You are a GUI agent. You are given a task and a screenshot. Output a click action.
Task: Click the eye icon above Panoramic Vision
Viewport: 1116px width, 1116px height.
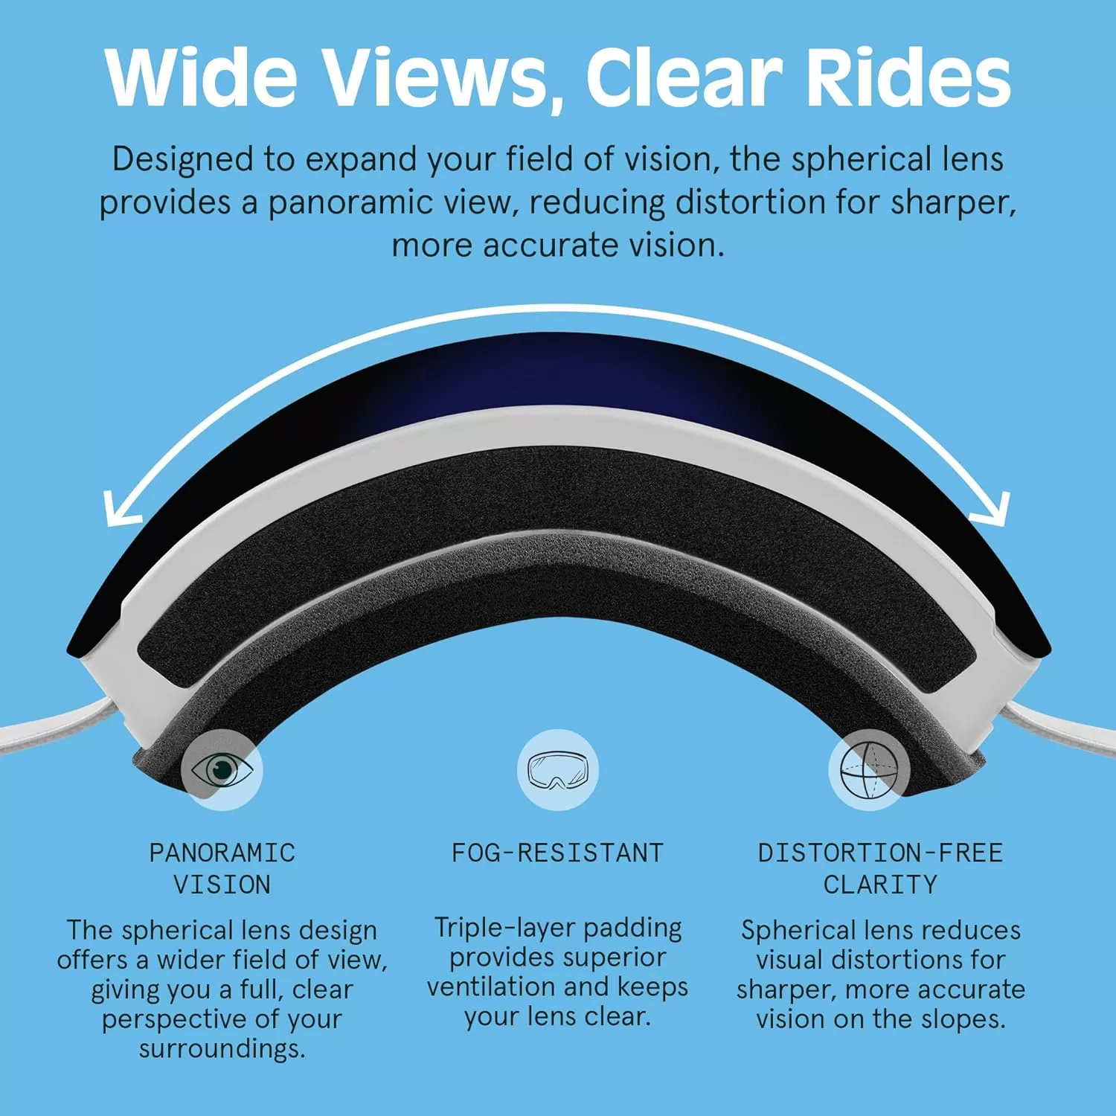coord(222,770)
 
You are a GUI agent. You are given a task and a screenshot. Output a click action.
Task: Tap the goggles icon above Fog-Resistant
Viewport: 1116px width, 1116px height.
coord(557,770)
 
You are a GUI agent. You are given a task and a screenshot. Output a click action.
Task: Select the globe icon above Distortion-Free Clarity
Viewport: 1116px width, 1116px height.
coord(869,770)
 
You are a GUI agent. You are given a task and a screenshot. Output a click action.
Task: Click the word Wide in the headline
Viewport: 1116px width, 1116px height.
coord(201,77)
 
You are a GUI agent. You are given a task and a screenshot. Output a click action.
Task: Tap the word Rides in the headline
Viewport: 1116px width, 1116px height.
coord(908,77)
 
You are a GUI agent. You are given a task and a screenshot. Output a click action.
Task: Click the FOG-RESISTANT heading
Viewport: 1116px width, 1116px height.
coord(557,853)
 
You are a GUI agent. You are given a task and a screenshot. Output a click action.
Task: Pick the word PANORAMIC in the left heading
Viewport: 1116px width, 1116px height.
coord(222,853)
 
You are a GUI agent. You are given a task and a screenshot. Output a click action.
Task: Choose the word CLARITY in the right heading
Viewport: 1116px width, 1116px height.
coord(880,885)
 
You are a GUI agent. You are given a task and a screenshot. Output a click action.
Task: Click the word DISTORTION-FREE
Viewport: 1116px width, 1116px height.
coord(880,853)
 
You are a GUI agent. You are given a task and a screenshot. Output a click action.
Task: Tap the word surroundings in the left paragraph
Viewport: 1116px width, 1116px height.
coord(222,1050)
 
